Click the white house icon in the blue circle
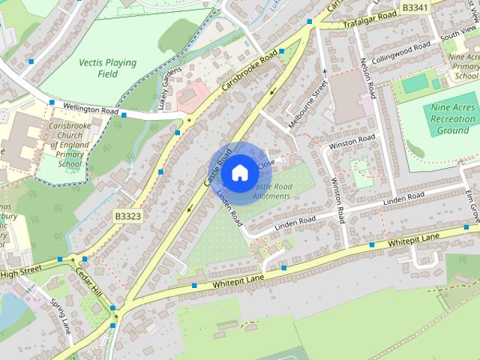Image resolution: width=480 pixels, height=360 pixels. pos(239,172)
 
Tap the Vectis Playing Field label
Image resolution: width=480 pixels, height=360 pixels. pos(102,66)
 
